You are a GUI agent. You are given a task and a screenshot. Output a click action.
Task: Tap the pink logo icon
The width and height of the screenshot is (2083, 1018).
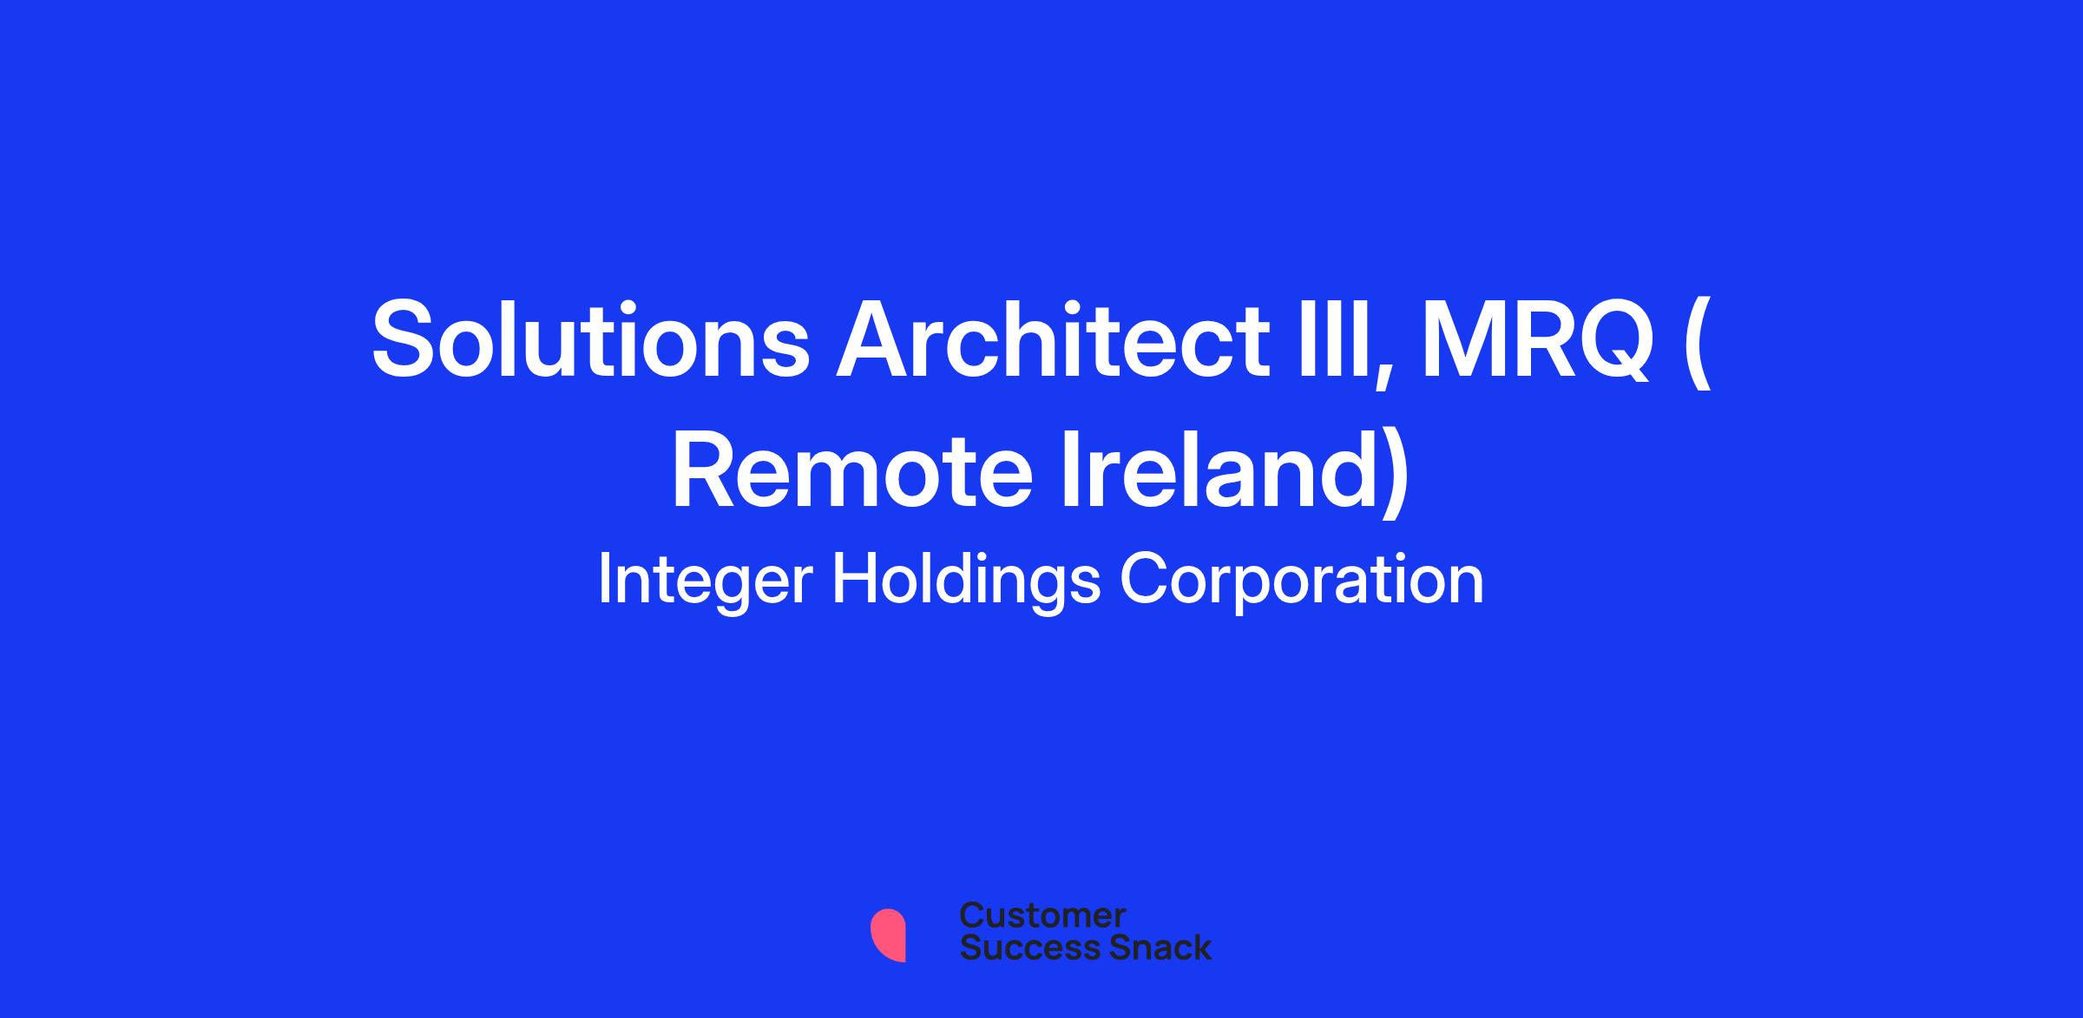888,935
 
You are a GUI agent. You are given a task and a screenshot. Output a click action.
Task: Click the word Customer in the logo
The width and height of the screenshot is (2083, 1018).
1042,915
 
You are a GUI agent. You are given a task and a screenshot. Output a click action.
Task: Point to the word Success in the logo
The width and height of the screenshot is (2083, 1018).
1020,947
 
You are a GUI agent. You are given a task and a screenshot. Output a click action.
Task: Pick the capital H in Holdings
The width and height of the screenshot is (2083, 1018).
858,580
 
